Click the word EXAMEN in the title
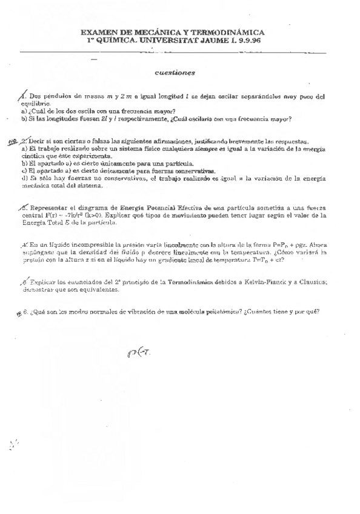[x=98, y=35]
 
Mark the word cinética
[x=32, y=156]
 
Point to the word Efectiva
[x=188, y=208]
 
